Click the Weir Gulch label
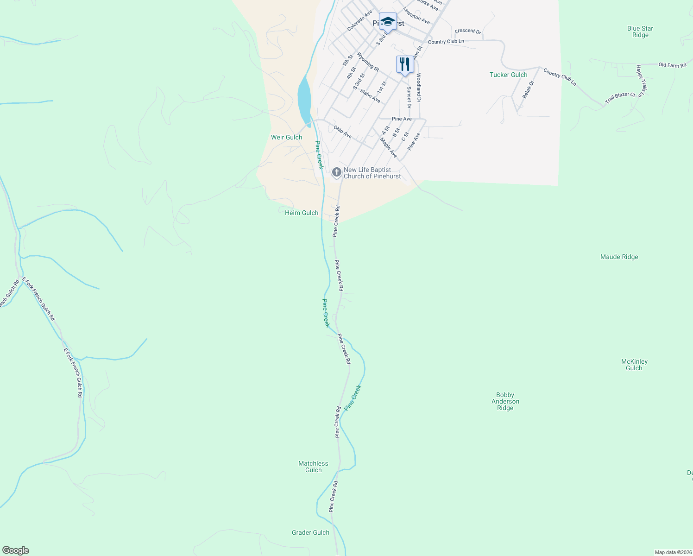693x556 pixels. coord(286,137)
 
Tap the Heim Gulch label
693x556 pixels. coord(302,213)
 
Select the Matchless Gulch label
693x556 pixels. coord(313,467)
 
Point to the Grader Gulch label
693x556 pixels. coord(310,532)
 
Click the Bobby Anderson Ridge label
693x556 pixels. coord(505,401)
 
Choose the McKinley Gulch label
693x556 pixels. coord(634,365)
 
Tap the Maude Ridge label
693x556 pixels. coord(619,257)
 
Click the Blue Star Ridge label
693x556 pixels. coord(640,32)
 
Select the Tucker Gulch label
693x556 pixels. coord(508,75)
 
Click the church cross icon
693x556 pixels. coord(337,172)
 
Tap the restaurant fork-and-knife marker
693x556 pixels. coord(405,64)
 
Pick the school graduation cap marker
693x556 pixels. coord(388,21)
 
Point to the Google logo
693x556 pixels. coord(15,550)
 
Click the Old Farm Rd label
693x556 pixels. coord(672,65)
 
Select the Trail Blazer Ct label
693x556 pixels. coord(620,97)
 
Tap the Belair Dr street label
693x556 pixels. coord(528,89)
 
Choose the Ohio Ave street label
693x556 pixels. coord(343,132)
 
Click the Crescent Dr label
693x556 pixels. coord(468,31)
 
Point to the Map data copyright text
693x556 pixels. coord(673,552)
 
